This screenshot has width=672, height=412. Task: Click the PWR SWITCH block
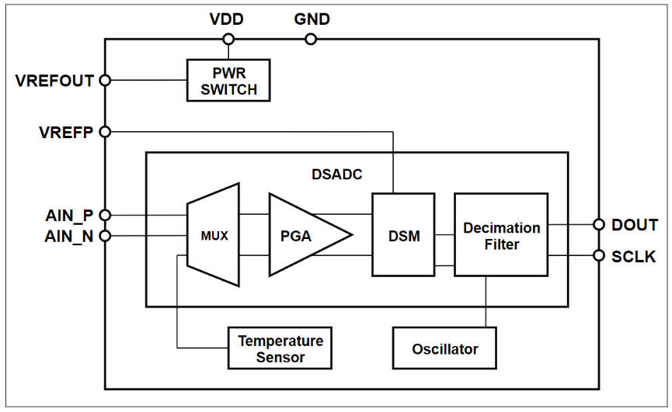click(228, 80)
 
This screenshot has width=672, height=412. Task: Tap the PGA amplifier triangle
click(303, 234)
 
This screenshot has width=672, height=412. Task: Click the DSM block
click(403, 234)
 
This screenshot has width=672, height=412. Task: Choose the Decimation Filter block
click(501, 234)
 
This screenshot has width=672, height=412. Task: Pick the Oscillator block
click(444, 348)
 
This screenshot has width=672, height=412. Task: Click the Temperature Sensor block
click(280, 348)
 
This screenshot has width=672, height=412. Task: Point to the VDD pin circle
click(228, 39)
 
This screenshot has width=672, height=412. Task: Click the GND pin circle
click(311, 39)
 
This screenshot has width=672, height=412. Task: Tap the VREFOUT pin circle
click(106, 80)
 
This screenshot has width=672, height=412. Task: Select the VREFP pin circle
click(106, 132)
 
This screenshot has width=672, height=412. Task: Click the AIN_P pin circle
click(106, 215)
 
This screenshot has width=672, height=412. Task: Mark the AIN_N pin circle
click(106, 235)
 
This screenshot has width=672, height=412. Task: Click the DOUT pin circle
click(598, 224)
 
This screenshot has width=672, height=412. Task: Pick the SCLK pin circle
click(598, 255)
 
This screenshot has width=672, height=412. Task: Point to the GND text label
click(312, 19)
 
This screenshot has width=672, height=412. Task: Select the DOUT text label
click(634, 225)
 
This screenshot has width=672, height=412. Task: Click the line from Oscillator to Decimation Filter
click(486, 302)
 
